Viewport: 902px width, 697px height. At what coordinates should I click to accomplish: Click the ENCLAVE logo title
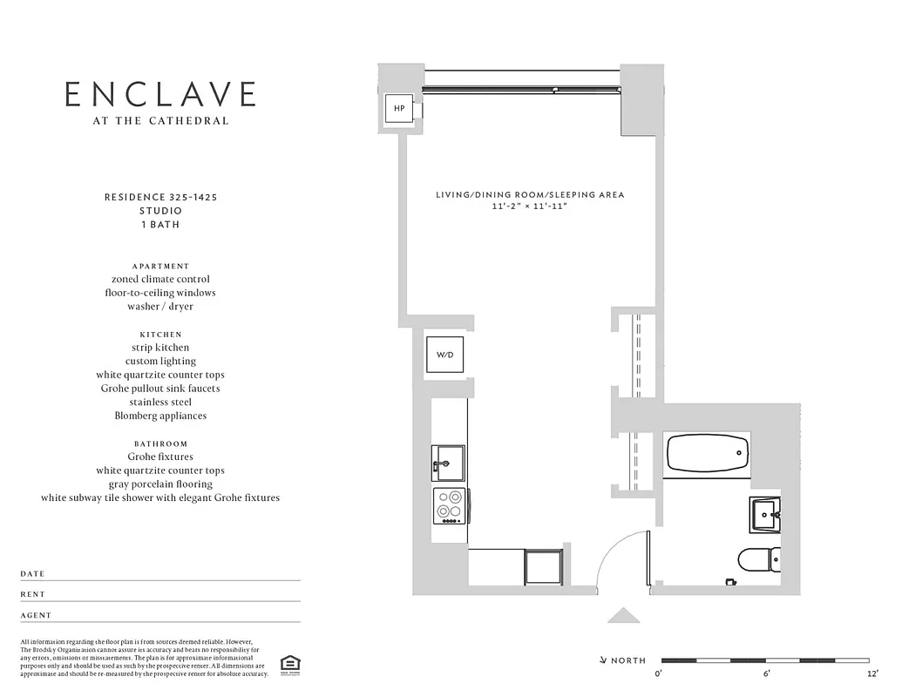[161, 94]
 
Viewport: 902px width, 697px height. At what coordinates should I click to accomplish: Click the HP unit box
[399, 109]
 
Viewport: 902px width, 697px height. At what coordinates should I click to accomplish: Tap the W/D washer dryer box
[444, 355]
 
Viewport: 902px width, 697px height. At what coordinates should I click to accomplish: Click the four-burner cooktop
[450, 505]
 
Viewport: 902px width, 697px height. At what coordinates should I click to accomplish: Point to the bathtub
[708, 453]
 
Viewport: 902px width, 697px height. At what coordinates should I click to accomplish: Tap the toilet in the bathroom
[757, 558]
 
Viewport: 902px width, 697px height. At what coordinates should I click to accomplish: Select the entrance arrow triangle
[623, 615]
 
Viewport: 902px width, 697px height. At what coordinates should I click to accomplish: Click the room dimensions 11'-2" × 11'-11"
[530, 207]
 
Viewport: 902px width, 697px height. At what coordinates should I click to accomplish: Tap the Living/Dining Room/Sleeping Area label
[530, 195]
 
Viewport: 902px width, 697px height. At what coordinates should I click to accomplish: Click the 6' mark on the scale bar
[767, 673]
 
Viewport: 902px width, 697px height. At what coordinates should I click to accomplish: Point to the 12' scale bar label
[872, 673]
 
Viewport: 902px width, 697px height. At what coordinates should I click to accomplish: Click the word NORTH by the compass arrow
[628, 661]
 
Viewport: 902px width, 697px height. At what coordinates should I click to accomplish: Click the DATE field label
[32, 574]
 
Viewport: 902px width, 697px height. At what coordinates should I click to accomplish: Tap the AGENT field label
[36, 615]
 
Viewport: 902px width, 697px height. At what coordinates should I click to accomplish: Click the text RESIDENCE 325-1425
[161, 198]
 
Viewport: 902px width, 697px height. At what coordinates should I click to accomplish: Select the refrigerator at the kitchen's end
[546, 567]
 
